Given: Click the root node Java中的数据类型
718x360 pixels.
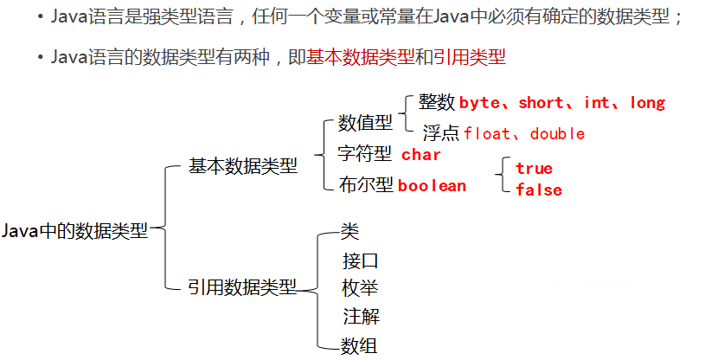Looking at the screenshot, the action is pyautogui.click(x=75, y=231).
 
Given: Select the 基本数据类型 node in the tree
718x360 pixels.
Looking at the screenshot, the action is pyautogui.click(x=242, y=166).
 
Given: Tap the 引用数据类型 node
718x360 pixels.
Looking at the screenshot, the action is pyautogui.click(x=242, y=286).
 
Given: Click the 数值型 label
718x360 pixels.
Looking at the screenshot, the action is pyautogui.click(x=365, y=123).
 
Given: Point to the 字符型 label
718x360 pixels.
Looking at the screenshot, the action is pyautogui.click(x=365, y=155).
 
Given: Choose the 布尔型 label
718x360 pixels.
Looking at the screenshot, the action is pyautogui.click(x=365, y=185).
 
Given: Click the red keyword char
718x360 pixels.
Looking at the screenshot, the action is pyautogui.click(x=421, y=156).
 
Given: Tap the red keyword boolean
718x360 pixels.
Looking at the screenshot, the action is pyautogui.click(x=432, y=186).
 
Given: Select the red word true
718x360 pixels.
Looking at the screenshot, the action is pyautogui.click(x=534, y=168).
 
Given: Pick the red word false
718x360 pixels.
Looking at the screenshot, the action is pyautogui.click(x=538, y=190).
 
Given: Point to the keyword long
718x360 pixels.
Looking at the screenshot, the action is pyautogui.click(x=647, y=103).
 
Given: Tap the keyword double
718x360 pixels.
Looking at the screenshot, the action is pyautogui.click(x=557, y=134).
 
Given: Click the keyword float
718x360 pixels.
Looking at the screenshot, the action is pyautogui.click(x=487, y=134).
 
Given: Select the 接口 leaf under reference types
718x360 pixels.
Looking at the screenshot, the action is pyautogui.click(x=360, y=260).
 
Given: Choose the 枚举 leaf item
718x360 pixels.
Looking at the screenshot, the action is pyautogui.click(x=360, y=288).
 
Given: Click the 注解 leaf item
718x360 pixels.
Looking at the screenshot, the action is pyautogui.click(x=360, y=317).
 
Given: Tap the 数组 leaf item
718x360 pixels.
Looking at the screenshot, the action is pyautogui.click(x=360, y=346).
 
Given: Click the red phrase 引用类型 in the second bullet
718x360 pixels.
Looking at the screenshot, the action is pyautogui.click(x=471, y=57).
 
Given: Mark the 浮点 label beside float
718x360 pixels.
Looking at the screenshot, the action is pyautogui.click(x=440, y=133).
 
